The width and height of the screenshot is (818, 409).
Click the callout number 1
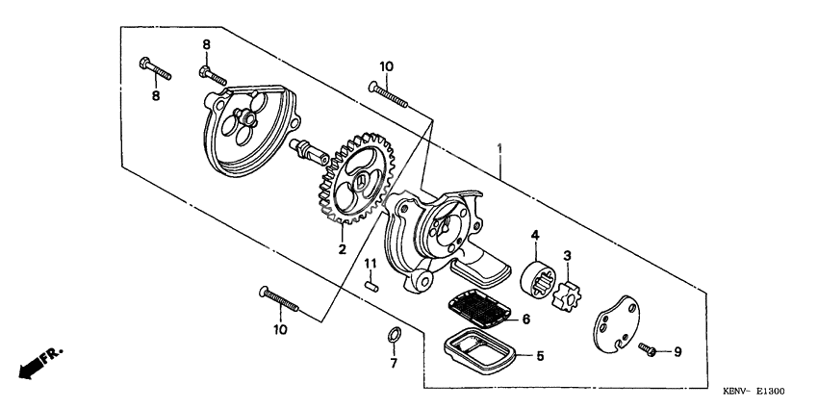point(498,148)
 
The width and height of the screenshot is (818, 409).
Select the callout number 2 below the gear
point(341,248)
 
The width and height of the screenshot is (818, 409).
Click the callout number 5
point(540,355)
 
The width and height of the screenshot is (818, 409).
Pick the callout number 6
point(526,319)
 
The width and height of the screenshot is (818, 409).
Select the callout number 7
point(393,365)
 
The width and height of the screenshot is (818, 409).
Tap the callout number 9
point(677,352)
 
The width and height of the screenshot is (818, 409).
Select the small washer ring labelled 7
point(393,336)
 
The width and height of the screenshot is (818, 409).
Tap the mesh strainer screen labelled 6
point(480,309)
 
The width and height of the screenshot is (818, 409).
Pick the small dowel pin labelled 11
point(371,284)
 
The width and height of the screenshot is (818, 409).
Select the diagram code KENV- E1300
point(754,392)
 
